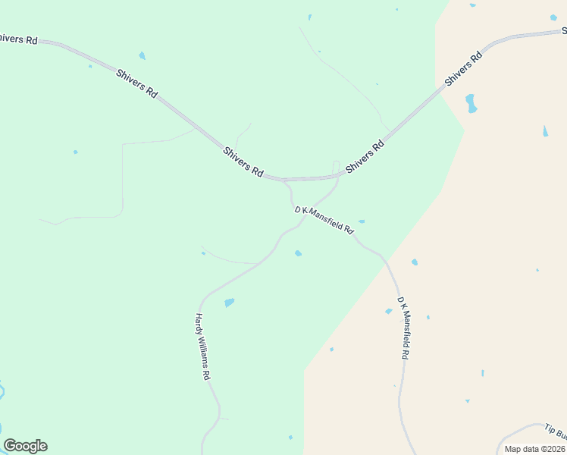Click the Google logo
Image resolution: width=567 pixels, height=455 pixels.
pos(25,446)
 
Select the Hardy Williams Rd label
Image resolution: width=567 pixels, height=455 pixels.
pos(202,347)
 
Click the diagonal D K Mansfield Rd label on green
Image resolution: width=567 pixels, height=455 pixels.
pos(324,219)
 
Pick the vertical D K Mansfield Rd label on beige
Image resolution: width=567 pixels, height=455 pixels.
pos(405,328)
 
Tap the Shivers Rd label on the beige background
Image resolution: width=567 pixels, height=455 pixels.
pos(464,68)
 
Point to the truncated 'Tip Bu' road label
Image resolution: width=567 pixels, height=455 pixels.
pos(556,431)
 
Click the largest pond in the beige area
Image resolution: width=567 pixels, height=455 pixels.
pos(471,103)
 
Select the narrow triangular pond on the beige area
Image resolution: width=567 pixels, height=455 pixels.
pos(545,131)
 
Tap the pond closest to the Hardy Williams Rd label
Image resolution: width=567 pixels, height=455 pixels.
pos(229,303)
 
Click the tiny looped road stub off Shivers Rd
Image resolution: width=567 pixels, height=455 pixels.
pos(336,165)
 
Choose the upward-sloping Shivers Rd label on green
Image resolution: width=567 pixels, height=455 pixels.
pos(365,155)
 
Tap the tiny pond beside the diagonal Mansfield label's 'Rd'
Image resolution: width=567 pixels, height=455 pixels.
pos(362,221)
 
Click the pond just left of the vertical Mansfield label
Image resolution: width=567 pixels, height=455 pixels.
pos(389,311)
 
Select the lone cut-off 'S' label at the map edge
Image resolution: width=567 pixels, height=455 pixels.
pos(564,31)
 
